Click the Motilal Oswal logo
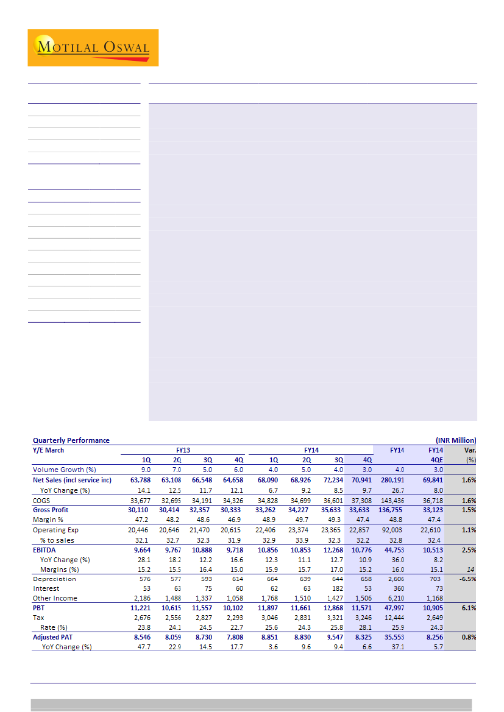click(93, 48)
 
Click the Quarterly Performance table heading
click(71, 440)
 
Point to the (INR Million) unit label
click(456, 440)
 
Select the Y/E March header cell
click(49, 450)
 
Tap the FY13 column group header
click(183, 450)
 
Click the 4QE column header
click(436, 460)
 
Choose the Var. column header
click(470, 450)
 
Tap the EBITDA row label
click(44, 550)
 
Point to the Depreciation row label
click(54, 579)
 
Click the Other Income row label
click(55, 598)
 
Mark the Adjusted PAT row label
click(55, 637)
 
